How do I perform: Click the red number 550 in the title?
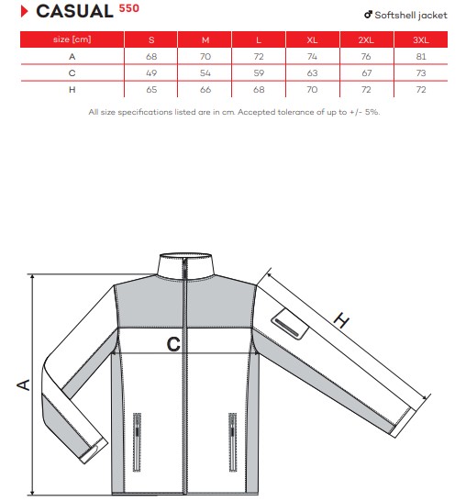tap(129, 8)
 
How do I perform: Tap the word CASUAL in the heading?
tap(74, 12)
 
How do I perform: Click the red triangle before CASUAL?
tap(24, 12)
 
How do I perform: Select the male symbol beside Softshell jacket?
tap(368, 15)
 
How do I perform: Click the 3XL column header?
tap(421, 40)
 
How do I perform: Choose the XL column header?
tap(312, 40)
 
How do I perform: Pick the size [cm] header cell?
tap(72, 39)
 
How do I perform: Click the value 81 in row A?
tap(421, 57)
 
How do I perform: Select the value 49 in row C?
tap(151, 73)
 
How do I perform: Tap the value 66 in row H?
tap(205, 90)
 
